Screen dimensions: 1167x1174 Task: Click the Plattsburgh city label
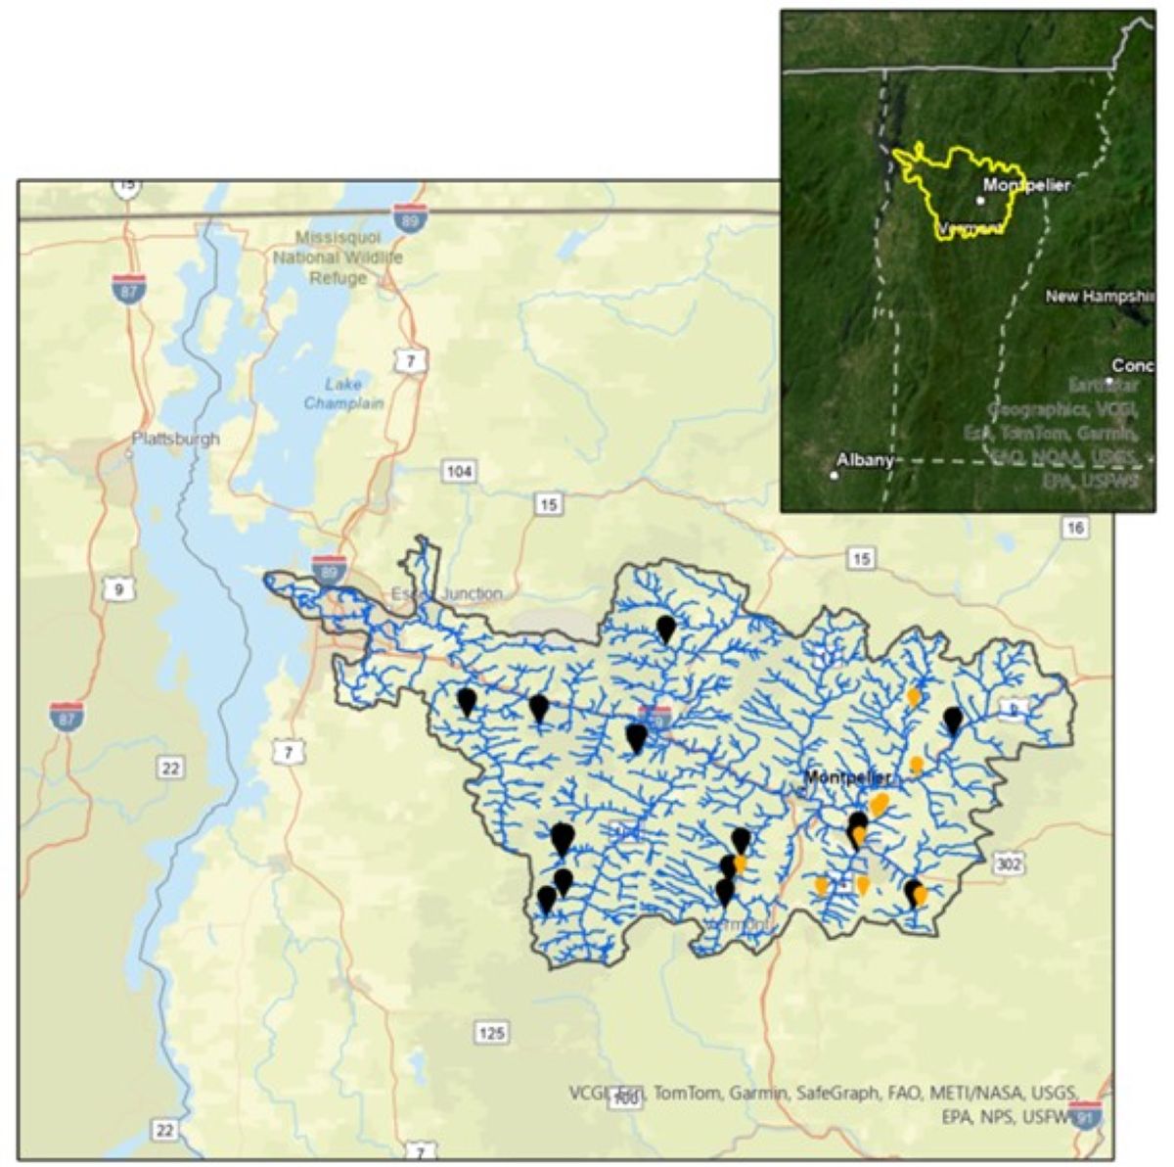[176, 439]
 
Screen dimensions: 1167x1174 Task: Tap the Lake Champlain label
[343, 394]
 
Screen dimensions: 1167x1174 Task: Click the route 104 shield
[459, 472]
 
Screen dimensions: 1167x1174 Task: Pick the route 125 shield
[491, 1032]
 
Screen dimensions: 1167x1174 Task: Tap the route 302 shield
[1009, 864]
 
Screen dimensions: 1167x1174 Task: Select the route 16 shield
[1075, 528]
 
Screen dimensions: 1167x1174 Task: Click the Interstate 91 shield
[1086, 1116]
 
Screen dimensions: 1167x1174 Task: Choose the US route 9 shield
[118, 588]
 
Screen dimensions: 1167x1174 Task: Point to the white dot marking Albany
[834, 476]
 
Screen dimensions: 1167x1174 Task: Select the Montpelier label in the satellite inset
[1027, 184]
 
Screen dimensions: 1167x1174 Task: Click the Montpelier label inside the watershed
[847, 777]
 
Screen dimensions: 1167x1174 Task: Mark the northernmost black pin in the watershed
[666, 628]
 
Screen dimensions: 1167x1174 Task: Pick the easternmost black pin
[954, 721]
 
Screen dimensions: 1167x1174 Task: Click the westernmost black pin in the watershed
[467, 700]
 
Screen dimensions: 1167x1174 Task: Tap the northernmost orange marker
[913, 696]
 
